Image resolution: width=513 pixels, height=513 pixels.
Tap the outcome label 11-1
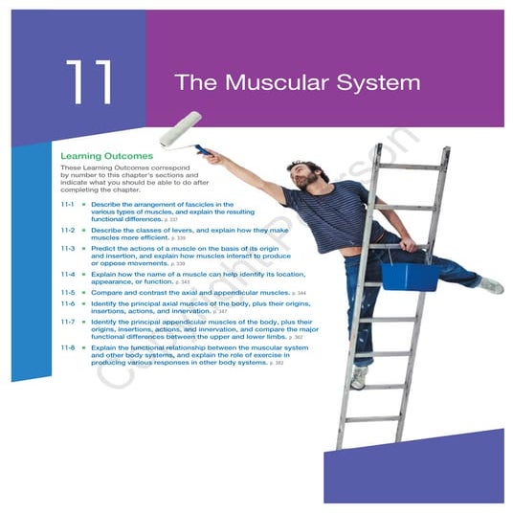[x=68, y=204]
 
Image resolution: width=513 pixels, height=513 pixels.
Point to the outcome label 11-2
[x=68, y=231]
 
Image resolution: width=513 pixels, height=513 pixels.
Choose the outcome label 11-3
[x=68, y=248]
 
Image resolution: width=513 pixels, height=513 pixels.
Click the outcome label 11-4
[x=68, y=274]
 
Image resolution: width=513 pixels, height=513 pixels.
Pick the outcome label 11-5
[x=68, y=292]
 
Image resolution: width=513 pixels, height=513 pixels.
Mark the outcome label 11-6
[x=68, y=303]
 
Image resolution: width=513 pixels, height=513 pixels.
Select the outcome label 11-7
[x=68, y=322]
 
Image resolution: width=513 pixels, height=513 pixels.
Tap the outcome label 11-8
[x=68, y=348]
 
